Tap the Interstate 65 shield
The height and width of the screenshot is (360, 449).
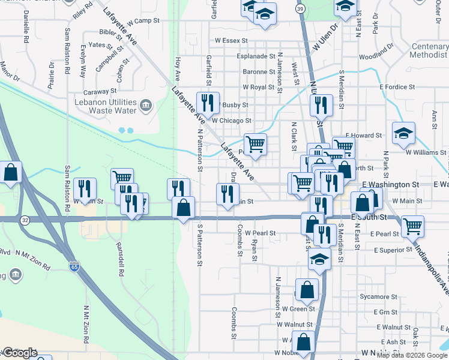(74, 264)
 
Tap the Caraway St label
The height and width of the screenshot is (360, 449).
(100, 91)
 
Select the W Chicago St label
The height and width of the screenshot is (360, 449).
(231, 121)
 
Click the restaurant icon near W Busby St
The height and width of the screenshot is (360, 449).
(208, 103)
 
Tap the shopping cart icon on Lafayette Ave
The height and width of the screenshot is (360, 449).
(256, 145)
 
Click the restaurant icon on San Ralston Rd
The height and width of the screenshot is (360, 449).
(85, 189)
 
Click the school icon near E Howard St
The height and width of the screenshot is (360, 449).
(403, 133)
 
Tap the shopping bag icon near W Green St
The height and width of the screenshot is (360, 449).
(307, 290)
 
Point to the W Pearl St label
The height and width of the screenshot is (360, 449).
(260, 233)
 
